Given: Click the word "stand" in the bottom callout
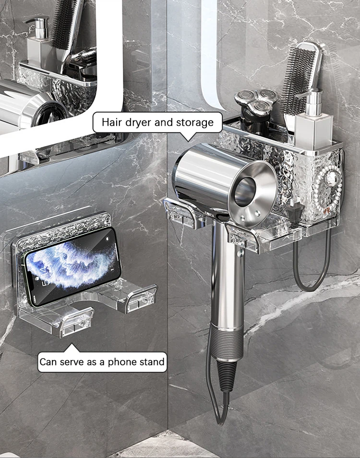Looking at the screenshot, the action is [152, 362].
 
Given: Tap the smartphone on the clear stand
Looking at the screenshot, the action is [71, 266].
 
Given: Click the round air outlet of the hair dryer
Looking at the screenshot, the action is [247, 192].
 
